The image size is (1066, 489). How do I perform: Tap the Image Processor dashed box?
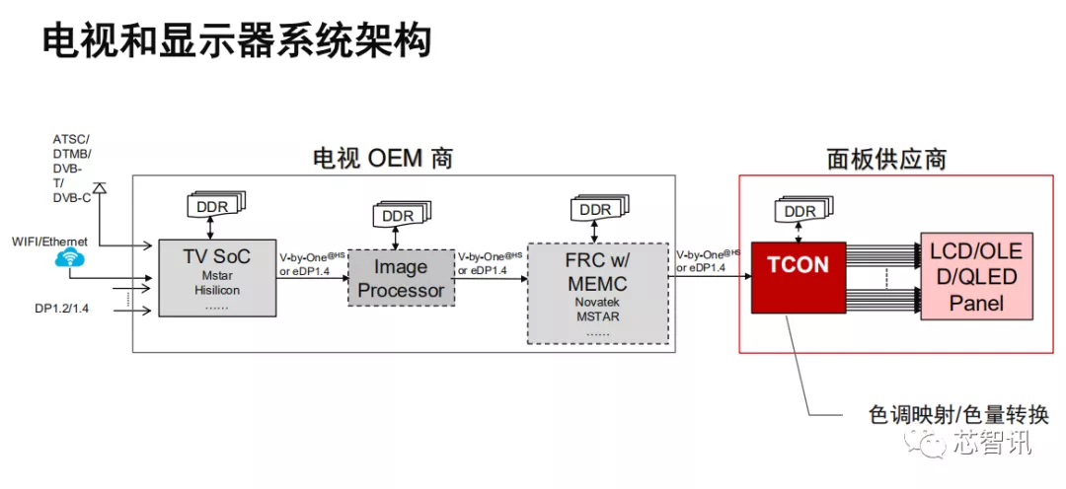(x=401, y=278)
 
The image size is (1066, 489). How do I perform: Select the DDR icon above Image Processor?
(x=401, y=216)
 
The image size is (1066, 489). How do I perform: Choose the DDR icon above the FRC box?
(x=597, y=209)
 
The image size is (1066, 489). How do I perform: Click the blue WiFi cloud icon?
(x=70, y=258)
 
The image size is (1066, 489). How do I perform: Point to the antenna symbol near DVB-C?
(x=99, y=186)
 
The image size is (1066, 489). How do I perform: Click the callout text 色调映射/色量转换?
(x=945, y=415)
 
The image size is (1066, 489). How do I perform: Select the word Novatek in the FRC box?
(x=595, y=304)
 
